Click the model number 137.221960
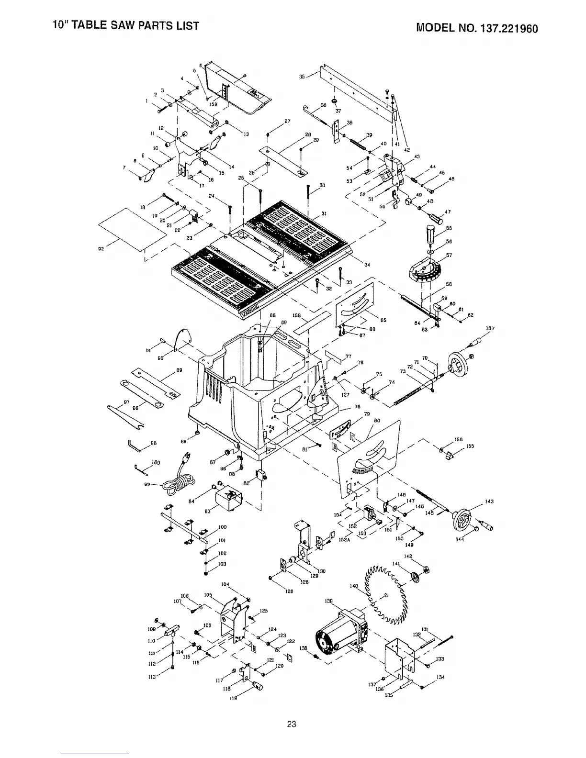507,28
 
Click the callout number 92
101,248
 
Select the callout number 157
490,329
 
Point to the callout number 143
489,502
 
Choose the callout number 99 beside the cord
147,484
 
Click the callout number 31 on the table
324,213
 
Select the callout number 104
225,584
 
